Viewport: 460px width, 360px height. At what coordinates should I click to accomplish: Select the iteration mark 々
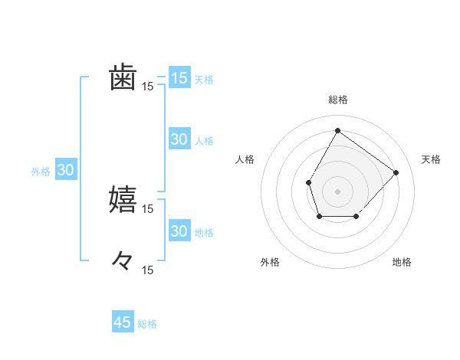point(123,261)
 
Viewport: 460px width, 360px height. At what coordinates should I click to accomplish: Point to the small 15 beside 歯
point(148,87)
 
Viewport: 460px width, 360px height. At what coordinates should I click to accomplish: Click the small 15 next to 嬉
point(148,208)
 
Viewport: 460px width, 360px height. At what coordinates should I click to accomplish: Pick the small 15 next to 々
point(148,270)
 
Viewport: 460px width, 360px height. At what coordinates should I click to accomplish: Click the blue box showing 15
point(179,78)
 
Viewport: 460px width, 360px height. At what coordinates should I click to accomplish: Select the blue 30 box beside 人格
point(179,139)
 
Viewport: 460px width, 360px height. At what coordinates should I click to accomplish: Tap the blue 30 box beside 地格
point(179,231)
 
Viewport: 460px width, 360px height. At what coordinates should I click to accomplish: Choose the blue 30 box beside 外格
point(65,170)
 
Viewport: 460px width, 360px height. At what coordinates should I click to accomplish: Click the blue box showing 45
point(123,322)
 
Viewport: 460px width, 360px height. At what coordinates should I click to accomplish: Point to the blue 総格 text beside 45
point(147,324)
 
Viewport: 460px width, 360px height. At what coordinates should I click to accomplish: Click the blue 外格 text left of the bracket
point(41,172)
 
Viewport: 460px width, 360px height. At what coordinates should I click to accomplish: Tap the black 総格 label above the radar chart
point(337,100)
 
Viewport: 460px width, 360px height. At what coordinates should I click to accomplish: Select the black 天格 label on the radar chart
point(432,159)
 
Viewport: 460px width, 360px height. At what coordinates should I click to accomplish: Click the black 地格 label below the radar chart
point(402,263)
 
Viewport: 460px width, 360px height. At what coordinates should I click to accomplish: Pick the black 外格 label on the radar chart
point(270,263)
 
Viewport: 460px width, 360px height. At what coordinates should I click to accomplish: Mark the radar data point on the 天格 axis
point(396,172)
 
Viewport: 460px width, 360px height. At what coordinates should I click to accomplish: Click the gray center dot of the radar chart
point(337,191)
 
